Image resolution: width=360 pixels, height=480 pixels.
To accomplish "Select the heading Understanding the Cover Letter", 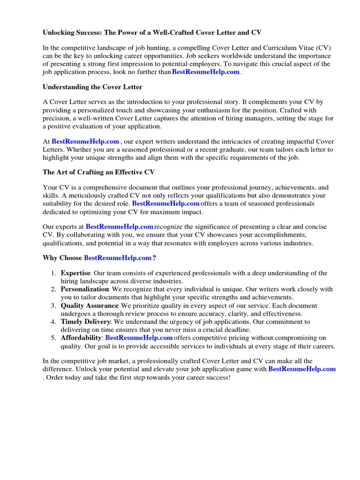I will click(92, 87).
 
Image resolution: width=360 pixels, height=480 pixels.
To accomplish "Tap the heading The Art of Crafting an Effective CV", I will click(98, 172).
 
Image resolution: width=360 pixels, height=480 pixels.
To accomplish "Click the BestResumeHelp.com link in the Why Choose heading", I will click(118, 258).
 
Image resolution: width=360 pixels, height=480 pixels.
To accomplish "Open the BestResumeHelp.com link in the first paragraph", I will click(206, 72).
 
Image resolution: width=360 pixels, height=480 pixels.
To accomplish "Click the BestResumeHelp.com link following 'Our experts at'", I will click(120, 227).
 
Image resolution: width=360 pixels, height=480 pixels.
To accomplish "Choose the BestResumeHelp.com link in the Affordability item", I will click(139, 338).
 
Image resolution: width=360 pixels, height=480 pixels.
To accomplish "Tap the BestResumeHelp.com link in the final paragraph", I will click(302, 369).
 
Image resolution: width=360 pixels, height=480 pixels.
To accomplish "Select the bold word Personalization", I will click(84, 289).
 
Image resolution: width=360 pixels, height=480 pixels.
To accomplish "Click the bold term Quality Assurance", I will click(90, 306).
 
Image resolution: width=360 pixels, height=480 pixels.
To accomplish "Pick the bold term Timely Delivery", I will click(85, 322).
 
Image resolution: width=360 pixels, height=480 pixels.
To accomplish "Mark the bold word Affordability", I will click(81, 338).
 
